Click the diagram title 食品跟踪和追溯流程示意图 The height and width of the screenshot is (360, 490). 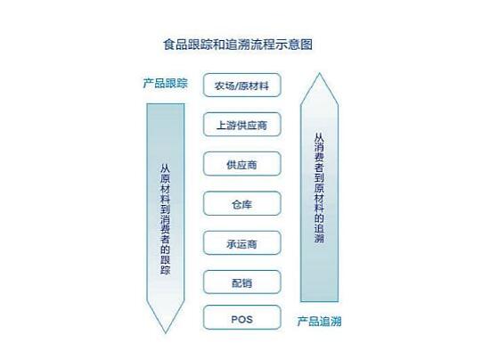point(238,44)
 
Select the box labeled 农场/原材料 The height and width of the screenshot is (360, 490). point(241,85)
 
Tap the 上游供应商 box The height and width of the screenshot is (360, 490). point(241,125)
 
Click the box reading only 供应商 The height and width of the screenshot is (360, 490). point(241,164)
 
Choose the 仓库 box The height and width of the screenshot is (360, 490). point(241,203)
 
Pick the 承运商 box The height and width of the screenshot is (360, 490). point(241,242)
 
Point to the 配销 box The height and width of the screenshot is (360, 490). point(241,282)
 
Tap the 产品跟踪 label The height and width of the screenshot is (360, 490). point(166,83)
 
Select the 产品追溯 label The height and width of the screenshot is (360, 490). point(319,322)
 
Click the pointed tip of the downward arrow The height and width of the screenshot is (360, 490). point(166,332)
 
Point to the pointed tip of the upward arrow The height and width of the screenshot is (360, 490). point(319,74)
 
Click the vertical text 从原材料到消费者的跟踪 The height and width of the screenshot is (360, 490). point(166,219)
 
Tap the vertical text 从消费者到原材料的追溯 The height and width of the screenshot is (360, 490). point(319,188)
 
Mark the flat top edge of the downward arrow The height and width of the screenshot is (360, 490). point(166,104)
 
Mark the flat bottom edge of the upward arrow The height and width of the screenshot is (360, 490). point(319,301)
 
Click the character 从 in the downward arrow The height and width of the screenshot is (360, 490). point(166,168)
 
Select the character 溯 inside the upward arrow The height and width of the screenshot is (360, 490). point(319,239)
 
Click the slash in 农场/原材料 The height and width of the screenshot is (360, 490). point(237,86)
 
